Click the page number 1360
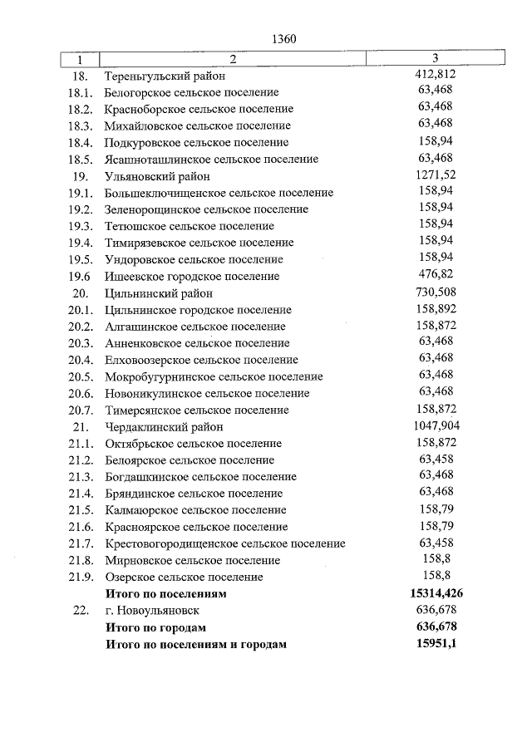283,39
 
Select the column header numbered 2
233,59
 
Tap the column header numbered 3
436,59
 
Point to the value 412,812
436,75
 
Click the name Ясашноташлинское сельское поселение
211,159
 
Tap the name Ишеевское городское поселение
192,276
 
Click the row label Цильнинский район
159,293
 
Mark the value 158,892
436,309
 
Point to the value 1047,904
436,426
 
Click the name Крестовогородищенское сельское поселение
225,543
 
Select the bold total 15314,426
436,593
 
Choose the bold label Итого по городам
155,627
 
